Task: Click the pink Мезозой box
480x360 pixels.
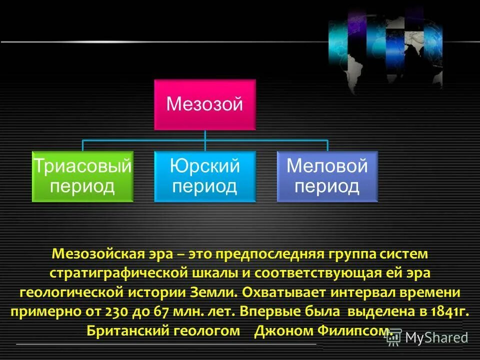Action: (x=204, y=104)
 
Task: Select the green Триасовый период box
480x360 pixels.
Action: (x=82, y=176)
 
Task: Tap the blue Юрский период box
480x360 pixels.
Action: (x=204, y=176)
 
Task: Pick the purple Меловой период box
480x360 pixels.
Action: (x=327, y=176)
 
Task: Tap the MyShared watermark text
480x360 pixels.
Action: (x=436, y=337)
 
